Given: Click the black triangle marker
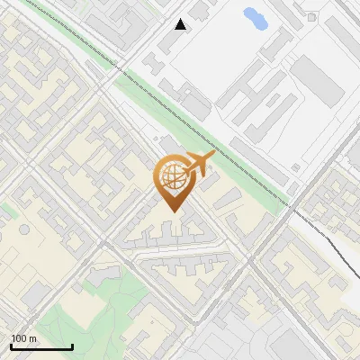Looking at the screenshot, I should [181, 24].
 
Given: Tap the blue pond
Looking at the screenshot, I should [255, 17].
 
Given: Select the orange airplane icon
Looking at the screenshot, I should [198, 165].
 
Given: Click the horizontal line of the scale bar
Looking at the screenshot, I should [41, 347].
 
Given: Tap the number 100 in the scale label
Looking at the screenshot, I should [19, 338].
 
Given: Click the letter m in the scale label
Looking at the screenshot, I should [31, 338].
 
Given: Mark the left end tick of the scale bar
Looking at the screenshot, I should [11, 346].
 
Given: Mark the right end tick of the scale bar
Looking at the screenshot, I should [72, 346].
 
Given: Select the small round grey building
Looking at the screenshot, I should [23, 229].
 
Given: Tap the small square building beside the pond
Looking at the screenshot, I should [312, 16].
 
